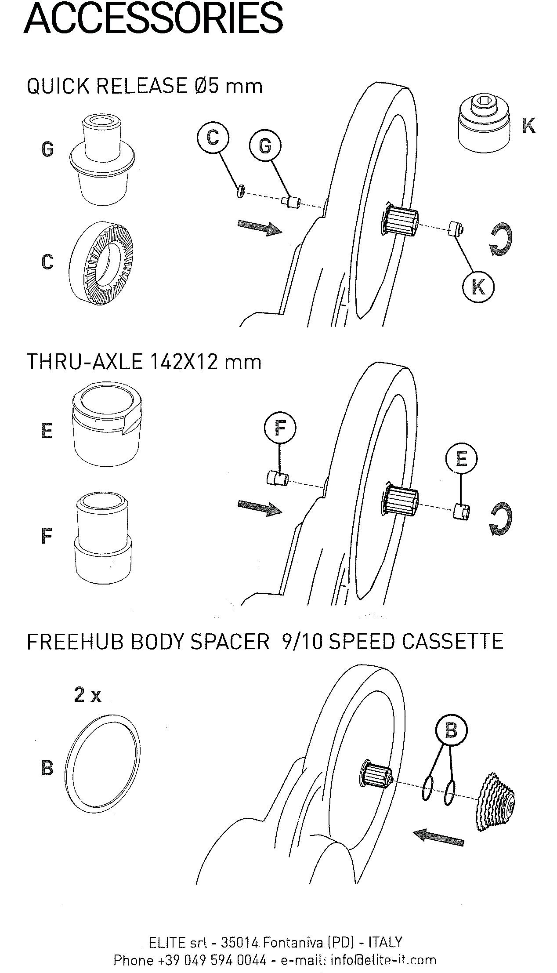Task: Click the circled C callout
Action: tap(213, 138)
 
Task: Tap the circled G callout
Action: tap(265, 145)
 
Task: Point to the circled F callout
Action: tap(280, 428)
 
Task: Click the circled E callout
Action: tap(461, 459)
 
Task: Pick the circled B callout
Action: tap(451, 731)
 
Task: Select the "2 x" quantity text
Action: tap(87, 695)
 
